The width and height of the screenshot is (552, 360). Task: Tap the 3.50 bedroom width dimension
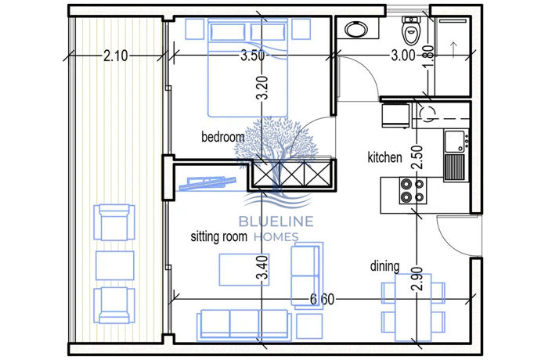[x=252, y=56]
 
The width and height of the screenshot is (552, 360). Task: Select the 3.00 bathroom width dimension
[x=403, y=56]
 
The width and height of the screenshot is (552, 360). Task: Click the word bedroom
[x=222, y=137]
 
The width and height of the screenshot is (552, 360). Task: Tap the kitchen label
[x=384, y=157]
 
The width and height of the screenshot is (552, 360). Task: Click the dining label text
[x=385, y=266]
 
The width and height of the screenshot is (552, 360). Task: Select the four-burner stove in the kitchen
[x=412, y=190]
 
